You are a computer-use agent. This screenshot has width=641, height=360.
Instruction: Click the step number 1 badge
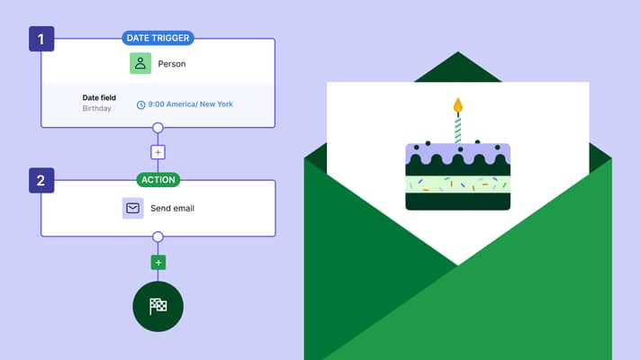[41, 39]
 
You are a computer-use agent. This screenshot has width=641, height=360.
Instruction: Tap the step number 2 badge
[41, 180]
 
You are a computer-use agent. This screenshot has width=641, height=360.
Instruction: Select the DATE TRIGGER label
[158, 38]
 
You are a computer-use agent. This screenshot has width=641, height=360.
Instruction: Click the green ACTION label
[158, 180]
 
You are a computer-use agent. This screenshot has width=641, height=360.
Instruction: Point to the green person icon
[140, 63]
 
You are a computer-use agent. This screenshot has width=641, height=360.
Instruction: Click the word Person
[172, 64]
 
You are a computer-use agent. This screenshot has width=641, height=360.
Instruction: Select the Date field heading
[99, 98]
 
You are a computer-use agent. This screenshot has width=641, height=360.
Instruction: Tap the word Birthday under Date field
[97, 108]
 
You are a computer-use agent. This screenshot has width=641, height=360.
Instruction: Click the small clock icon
[141, 105]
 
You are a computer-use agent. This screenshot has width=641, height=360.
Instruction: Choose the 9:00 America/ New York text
[191, 104]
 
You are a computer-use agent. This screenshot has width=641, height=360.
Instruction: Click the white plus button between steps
[158, 152]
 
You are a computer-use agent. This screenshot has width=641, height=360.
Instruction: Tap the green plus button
[158, 262]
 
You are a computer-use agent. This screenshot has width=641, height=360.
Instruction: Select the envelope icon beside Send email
[133, 209]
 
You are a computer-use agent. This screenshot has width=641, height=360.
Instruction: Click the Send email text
[172, 209]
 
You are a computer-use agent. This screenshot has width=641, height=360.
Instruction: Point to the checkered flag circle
[158, 307]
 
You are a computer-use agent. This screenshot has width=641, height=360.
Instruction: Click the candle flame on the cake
[458, 105]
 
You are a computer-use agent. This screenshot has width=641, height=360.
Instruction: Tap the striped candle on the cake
[458, 130]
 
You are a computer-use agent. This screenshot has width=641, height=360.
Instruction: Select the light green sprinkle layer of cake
[458, 184]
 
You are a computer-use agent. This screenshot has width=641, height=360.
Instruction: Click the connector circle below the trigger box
[158, 128]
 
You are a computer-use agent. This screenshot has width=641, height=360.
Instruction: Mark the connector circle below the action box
[158, 237]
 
